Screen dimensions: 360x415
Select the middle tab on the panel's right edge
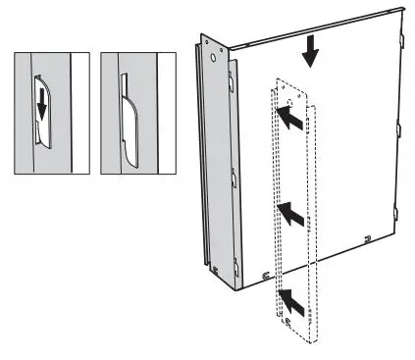click(397, 128)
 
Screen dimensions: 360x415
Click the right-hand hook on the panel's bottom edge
click(365, 235)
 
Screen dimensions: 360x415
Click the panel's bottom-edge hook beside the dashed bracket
click(265, 274)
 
